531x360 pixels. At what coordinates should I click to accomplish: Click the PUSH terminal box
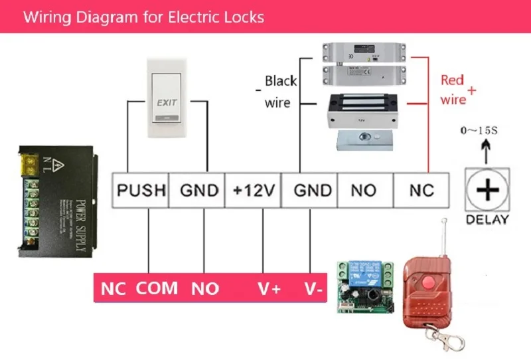click(141, 191)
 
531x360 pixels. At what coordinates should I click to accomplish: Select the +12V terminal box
click(253, 191)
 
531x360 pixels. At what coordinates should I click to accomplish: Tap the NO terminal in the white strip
click(364, 191)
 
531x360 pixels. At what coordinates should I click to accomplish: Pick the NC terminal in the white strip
click(421, 191)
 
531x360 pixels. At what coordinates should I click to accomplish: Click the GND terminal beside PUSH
click(198, 191)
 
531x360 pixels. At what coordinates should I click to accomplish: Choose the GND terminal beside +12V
click(310, 191)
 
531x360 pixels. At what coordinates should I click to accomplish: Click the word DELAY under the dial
click(487, 220)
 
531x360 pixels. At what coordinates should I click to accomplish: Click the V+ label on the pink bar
click(269, 289)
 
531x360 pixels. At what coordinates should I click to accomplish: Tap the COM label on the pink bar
click(157, 289)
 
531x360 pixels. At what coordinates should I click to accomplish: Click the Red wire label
click(454, 90)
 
